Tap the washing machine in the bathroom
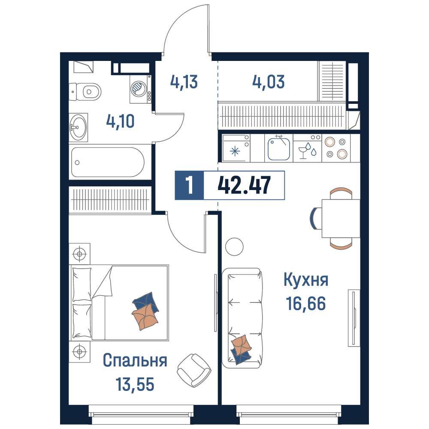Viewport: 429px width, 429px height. click(140, 89)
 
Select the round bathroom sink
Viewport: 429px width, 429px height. click(78, 127)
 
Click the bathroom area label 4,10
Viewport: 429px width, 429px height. click(121, 121)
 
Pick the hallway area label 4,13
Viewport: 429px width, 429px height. click(184, 82)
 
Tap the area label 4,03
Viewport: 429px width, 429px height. click(269, 82)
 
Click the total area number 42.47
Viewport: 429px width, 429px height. click(244, 185)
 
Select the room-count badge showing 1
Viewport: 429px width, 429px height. click(189, 185)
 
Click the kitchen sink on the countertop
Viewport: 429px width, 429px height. click(279, 148)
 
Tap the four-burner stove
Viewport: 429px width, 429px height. click(336, 148)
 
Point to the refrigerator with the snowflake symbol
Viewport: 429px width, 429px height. click(236, 148)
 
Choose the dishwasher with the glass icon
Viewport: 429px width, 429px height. click(308, 148)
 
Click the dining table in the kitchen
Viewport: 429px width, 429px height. click(341, 218)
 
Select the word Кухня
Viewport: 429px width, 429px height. click(306, 279)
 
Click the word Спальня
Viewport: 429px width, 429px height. click(135, 360)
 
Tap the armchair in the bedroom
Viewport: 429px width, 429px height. click(194, 370)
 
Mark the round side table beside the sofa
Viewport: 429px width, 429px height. click(235, 247)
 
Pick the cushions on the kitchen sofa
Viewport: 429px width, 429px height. click(241, 349)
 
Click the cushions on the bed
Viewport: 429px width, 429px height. click(145, 311)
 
